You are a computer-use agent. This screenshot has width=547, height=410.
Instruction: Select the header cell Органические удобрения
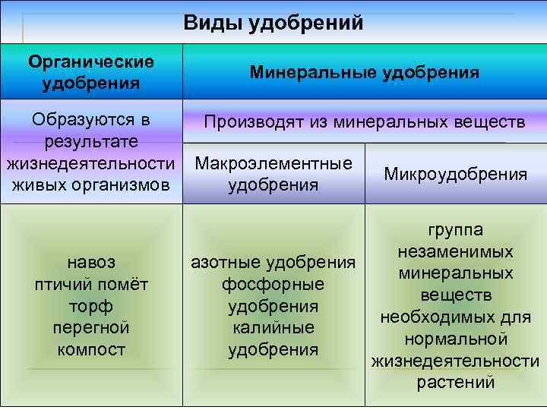tap(91, 72)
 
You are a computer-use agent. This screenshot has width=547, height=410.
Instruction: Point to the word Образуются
tap(90, 120)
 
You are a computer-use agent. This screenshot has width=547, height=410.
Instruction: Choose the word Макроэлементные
tap(273, 164)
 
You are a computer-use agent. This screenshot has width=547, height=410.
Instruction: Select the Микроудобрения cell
tap(455, 175)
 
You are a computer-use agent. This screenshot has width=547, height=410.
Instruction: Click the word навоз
tap(91, 263)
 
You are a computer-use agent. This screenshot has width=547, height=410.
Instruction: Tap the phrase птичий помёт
tap(91, 285)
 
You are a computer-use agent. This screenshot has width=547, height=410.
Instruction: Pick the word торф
tap(91, 307)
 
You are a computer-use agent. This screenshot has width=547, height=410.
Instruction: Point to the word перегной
tap(91, 328)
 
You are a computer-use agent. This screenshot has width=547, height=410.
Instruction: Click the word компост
tap(91, 350)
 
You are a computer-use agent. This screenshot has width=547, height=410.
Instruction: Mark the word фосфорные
tap(273, 285)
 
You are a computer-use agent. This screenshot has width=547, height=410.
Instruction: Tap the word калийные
tap(273, 328)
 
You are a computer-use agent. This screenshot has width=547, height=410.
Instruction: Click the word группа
tap(455, 230)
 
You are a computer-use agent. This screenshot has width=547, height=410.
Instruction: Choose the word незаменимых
tap(455, 251)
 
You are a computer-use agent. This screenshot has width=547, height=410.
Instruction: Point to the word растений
tap(455, 382)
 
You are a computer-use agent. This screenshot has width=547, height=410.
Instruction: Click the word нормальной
tap(455, 339)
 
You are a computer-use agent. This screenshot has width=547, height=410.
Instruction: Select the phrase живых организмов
tap(91, 185)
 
